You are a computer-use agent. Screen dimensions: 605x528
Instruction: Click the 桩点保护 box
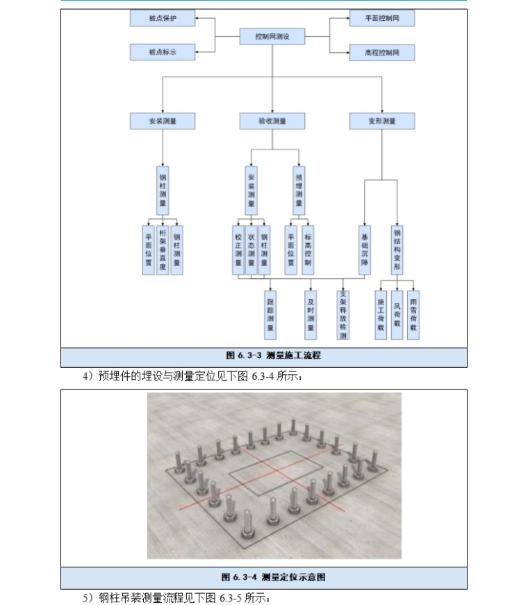[163, 18]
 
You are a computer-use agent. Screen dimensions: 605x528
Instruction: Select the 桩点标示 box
[163, 52]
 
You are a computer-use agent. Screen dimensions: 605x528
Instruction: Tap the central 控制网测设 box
[272, 36]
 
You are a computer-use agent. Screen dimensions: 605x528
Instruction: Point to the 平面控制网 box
[382, 18]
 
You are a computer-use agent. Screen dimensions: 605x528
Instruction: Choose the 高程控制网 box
[382, 52]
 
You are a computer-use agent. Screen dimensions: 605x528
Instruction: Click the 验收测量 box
[272, 121]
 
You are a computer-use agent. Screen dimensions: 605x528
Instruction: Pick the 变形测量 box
[382, 121]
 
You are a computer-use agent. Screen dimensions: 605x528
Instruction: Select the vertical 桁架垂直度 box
[163, 250]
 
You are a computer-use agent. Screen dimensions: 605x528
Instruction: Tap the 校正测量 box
[238, 250]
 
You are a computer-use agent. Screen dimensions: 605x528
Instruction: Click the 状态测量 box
[251, 250]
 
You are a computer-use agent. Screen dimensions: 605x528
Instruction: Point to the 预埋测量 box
[299, 190]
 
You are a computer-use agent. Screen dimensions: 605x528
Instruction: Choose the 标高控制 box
[307, 250]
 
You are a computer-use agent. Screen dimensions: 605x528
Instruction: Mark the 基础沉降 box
[365, 250]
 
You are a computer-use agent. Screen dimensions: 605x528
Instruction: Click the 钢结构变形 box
[397, 250]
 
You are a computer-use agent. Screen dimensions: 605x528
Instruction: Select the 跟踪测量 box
[270, 314]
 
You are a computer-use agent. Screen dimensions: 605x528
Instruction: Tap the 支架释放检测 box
[343, 314]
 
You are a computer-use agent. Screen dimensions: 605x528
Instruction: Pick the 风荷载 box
[397, 314]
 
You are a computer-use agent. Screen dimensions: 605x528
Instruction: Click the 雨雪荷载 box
[413, 314]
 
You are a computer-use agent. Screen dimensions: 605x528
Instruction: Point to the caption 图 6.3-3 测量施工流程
[264, 356]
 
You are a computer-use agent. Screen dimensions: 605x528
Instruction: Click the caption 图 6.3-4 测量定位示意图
[264, 577]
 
